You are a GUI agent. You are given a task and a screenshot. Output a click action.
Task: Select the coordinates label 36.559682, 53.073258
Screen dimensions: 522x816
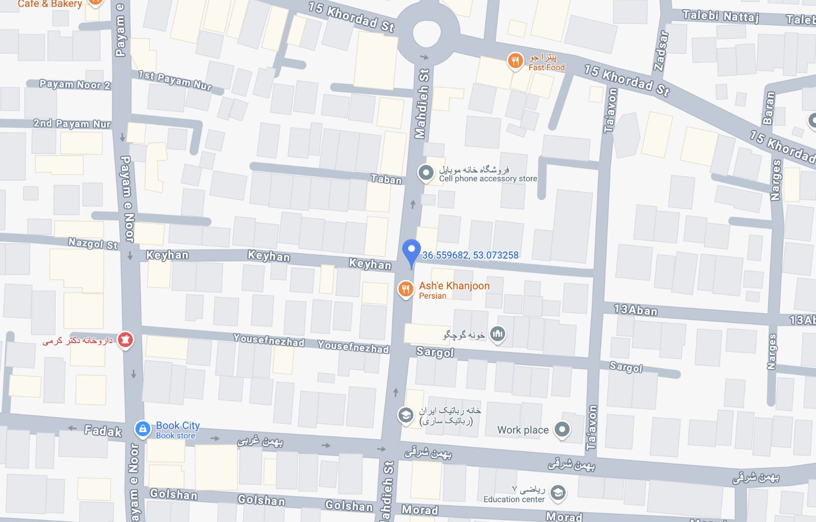pyautogui.click(x=470, y=255)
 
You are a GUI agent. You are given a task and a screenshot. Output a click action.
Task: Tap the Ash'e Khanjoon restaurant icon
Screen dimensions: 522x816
pyautogui.click(x=406, y=290)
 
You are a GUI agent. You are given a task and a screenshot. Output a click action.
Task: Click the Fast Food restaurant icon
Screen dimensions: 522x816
pyautogui.click(x=515, y=61)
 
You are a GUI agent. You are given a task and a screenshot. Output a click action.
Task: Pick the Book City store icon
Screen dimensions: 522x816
pyautogui.click(x=143, y=429)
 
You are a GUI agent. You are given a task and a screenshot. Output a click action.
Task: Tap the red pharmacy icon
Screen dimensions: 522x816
pyautogui.click(x=126, y=340)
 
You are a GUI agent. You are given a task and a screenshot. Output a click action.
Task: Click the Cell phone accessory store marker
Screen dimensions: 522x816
pyautogui.click(x=426, y=173)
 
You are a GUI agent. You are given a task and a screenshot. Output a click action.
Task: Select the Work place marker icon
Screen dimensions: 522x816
pyautogui.click(x=562, y=429)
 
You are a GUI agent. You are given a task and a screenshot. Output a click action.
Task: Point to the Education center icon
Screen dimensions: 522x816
pyautogui.click(x=558, y=493)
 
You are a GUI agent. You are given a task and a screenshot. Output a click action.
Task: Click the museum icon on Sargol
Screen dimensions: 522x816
pyautogui.click(x=497, y=333)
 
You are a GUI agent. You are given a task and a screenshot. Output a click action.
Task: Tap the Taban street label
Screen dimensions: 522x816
pyautogui.click(x=386, y=179)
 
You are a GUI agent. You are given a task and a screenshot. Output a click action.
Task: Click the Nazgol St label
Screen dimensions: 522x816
pyautogui.click(x=93, y=243)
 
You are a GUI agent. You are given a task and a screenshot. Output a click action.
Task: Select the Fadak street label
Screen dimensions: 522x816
pyautogui.click(x=103, y=431)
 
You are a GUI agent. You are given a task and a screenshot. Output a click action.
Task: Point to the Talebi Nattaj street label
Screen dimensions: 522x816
pyautogui.click(x=720, y=16)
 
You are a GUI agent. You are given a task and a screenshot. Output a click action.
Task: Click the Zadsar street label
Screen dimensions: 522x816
pyautogui.click(x=661, y=51)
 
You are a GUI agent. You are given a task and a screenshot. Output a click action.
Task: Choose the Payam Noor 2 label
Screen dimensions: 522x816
pyautogui.click(x=75, y=85)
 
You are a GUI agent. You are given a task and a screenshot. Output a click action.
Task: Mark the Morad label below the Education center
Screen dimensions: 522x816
pyautogui.click(x=564, y=517)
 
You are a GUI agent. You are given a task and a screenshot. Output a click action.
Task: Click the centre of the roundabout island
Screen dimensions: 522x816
pyautogui.click(x=426, y=32)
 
